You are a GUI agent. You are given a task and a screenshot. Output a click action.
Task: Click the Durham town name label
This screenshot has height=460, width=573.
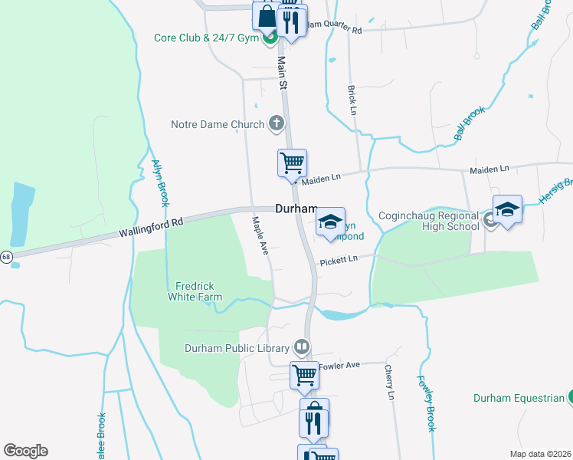coord(296,209)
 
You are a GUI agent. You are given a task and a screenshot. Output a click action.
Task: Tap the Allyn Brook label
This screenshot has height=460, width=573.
coord(160,182)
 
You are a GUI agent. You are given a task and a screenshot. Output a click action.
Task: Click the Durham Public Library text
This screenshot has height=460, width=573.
coord(235,348)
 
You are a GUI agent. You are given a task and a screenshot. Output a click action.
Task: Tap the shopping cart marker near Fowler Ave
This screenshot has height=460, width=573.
coord(304,376)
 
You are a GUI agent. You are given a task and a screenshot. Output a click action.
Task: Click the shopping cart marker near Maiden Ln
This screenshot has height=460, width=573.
coord(292,163)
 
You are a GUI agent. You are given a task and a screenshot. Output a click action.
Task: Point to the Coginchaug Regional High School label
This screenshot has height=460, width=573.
coord(430,222)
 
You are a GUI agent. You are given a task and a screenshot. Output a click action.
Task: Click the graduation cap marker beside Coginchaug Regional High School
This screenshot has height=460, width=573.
coord(507,209)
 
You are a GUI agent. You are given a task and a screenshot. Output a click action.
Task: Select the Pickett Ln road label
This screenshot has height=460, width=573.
coord(339,260)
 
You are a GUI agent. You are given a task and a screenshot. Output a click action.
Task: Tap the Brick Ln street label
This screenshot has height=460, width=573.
coord(352,96)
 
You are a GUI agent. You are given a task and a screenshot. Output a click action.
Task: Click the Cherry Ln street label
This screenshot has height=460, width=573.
coord(389,383)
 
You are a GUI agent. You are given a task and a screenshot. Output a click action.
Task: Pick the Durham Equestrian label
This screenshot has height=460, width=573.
coord(518,398)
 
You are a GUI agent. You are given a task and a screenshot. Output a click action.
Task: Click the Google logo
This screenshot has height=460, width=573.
coord(25,451)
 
